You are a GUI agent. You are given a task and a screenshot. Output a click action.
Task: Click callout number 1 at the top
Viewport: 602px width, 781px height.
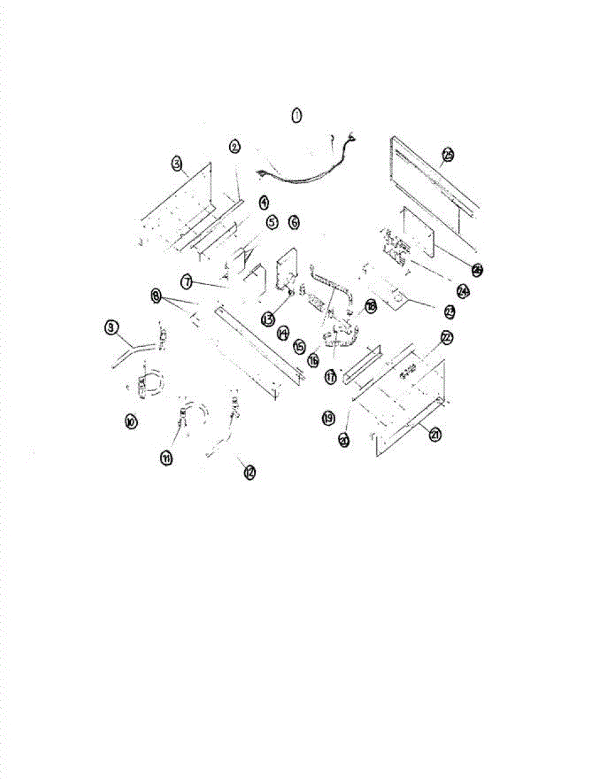297,116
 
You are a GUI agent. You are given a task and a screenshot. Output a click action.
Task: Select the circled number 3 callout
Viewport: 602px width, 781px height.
177,164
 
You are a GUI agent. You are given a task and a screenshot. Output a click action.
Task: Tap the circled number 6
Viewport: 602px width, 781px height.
294,223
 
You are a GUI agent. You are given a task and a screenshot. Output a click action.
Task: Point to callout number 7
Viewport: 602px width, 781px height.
187,282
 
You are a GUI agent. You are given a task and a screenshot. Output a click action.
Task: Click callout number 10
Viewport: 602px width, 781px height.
131,422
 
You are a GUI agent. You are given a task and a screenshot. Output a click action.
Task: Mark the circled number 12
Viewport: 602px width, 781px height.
249,473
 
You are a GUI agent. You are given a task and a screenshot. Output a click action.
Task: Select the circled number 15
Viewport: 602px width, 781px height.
299,347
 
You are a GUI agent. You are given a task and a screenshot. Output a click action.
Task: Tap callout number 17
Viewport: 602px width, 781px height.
332,377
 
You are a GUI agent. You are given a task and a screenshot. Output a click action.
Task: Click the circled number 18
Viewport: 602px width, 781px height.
371,307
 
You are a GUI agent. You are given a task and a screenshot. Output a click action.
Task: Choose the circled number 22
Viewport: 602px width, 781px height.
446,337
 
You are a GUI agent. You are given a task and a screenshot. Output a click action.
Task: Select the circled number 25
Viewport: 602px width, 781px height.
448,154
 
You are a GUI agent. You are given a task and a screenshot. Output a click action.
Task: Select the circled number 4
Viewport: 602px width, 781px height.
263,202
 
